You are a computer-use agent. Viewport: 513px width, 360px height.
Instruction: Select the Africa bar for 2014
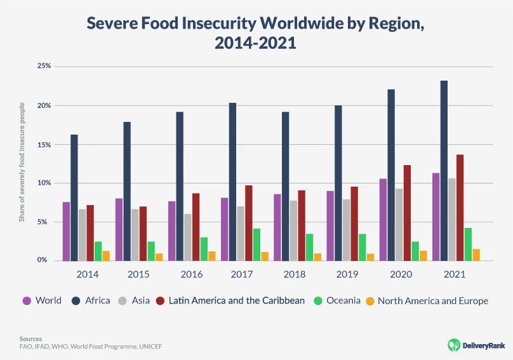pyautogui.click(x=74, y=197)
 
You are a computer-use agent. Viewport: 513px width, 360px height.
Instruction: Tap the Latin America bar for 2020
pyautogui.click(x=407, y=213)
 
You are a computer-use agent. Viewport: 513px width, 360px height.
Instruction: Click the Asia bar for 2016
pyautogui.click(x=188, y=237)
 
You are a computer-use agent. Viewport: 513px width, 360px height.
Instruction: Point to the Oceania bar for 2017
pyautogui.click(x=256, y=244)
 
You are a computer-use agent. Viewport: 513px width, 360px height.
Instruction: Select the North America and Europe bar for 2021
pyautogui.click(x=476, y=255)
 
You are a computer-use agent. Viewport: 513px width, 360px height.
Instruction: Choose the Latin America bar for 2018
pyautogui.click(x=301, y=225)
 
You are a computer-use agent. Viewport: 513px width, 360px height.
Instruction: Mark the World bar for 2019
pyautogui.click(x=330, y=225)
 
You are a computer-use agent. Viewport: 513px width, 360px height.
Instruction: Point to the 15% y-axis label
pyautogui.click(x=44, y=144)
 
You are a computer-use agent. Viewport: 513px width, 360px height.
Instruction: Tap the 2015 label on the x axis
pyautogui.click(x=139, y=275)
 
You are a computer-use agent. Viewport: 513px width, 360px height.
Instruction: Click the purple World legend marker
pyautogui.click(x=27, y=301)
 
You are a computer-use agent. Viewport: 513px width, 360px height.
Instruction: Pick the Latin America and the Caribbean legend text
pyautogui.click(x=236, y=301)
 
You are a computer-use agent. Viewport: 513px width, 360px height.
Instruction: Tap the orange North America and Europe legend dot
pyautogui.click(x=370, y=301)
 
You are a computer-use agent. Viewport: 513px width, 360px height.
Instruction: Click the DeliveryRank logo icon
pyautogui.click(x=454, y=344)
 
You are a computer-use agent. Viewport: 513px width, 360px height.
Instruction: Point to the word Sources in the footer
pyautogui.click(x=30, y=339)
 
